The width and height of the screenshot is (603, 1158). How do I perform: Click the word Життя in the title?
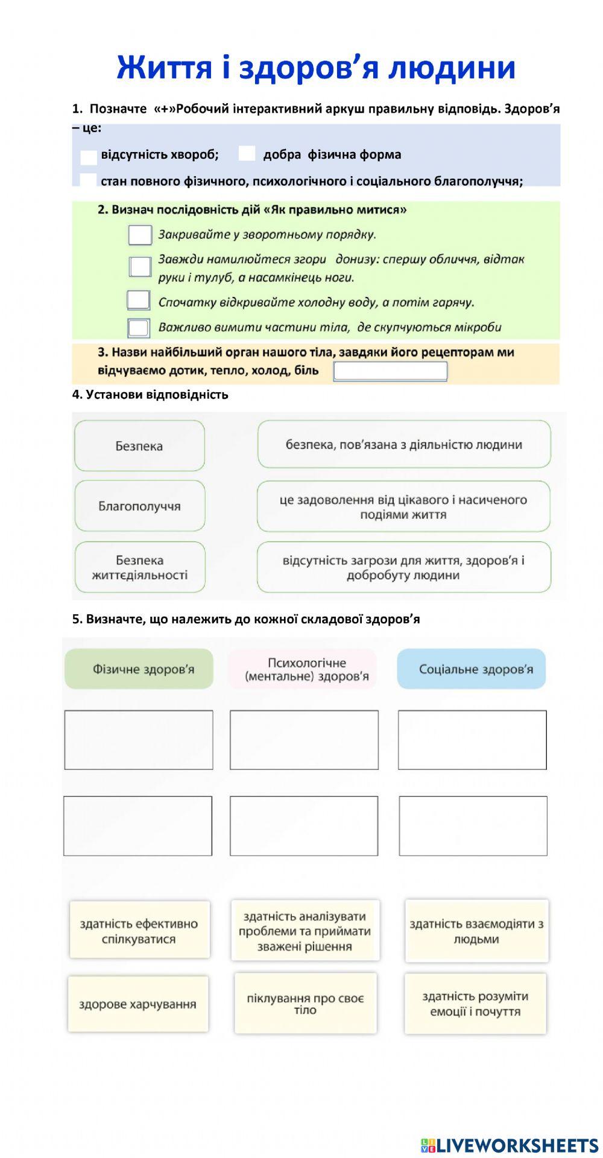[x=165, y=68]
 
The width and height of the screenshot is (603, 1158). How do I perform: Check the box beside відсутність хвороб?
[x=89, y=157]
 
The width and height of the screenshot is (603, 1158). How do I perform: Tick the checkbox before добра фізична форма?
[x=247, y=154]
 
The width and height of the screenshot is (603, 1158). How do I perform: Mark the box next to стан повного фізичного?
[x=88, y=180]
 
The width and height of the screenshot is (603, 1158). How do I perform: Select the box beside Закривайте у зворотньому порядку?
[x=140, y=235]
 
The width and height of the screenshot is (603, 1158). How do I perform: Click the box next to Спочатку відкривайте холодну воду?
[x=139, y=301]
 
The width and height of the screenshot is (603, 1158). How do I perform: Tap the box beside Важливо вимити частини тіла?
[x=139, y=328]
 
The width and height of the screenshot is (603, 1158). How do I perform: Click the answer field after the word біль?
[x=391, y=371]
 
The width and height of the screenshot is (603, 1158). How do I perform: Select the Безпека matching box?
[x=139, y=446]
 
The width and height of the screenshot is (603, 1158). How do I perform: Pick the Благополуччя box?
[x=139, y=506]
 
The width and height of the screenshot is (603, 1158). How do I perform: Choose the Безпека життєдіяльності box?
[x=139, y=567]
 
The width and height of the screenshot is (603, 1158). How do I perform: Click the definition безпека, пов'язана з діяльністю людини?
[x=404, y=445]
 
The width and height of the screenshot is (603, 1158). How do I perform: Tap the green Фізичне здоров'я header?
[x=139, y=669]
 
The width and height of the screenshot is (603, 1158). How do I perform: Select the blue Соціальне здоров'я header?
[x=472, y=669]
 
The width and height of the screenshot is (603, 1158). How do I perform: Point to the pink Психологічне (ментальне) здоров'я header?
[x=303, y=669]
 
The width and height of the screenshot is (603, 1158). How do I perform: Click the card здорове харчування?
[x=138, y=1004]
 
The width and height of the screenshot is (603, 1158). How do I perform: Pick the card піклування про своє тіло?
[x=305, y=1004]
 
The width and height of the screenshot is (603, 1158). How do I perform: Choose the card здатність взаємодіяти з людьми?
[x=476, y=931]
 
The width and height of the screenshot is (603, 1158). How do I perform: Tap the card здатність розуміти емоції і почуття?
[x=475, y=1004]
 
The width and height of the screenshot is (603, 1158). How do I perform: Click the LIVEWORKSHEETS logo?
[x=510, y=1145]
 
